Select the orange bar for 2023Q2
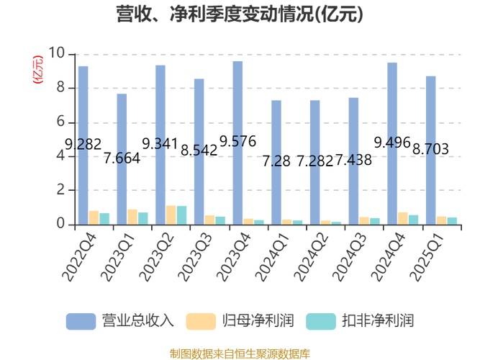pyautogui.click(x=171, y=215)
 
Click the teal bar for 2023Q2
pyautogui.click(x=181, y=215)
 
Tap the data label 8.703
pyautogui.click(x=430, y=150)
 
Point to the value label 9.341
pyautogui.click(x=160, y=143)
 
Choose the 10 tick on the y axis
pyautogui.click(x=57, y=54)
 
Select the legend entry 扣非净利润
pyautogui.click(x=361, y=320)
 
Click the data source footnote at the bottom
pyautogui.click(x=240, y=354)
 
